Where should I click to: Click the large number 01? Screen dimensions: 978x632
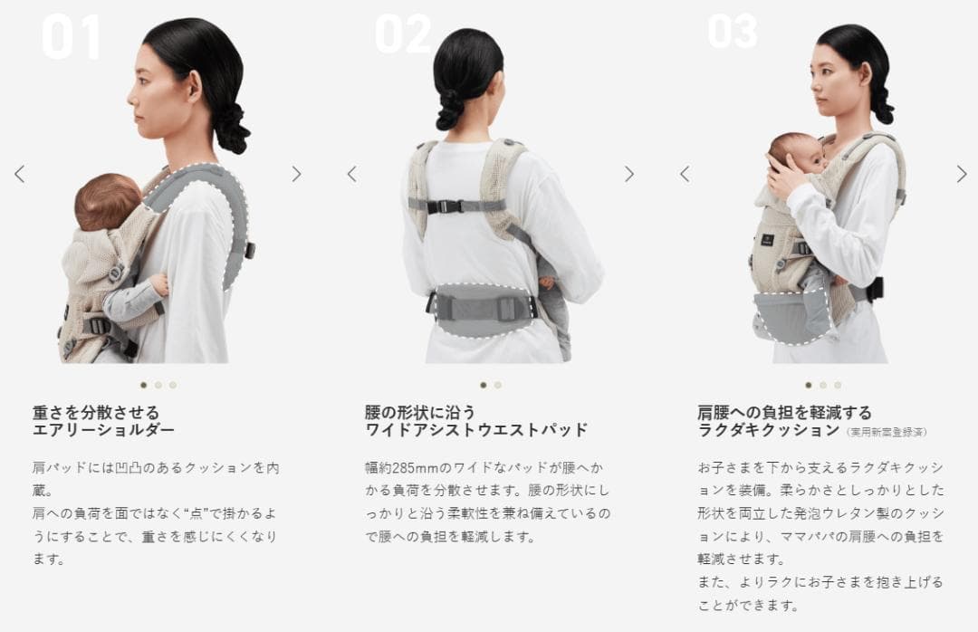[x=71, y=37]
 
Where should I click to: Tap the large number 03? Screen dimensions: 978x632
[x=733, y=31]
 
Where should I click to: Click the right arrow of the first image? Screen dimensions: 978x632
[x=296, y=174]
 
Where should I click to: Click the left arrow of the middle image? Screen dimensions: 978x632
[x=352, y=174]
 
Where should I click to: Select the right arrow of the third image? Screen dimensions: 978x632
[x=961, y=174]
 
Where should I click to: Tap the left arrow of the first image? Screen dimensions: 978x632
[x=20, y=174]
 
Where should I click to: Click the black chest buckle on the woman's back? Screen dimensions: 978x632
[x=448, y=206]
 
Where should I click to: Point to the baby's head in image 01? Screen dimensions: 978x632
[x=107, y=202]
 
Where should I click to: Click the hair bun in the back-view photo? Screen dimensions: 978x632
[x=451, y=110]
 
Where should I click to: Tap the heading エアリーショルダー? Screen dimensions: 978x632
[x=103, y=430]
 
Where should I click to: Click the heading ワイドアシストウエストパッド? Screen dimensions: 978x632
[x=476, y=430]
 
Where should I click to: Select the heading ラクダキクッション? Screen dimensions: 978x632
[x=769, y=430]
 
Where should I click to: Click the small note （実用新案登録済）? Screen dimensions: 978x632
[x=886, y=432]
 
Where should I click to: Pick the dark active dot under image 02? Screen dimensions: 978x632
[x=484, y=385]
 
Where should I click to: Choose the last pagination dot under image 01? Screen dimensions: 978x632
[x=173, y=385]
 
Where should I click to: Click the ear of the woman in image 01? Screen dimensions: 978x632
[x=194, y=85]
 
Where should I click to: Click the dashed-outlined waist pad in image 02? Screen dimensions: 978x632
[x=481, y=310]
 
